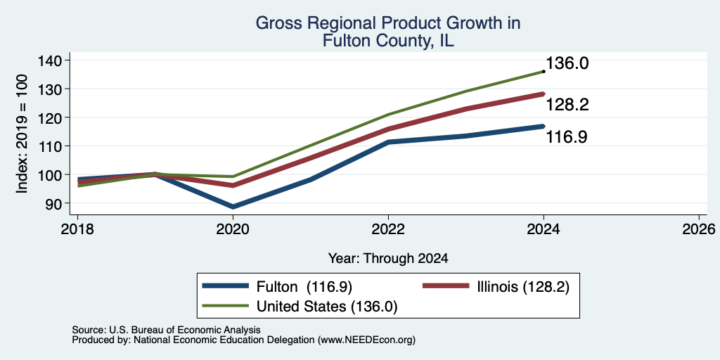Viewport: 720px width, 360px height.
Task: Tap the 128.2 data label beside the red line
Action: [567, 105]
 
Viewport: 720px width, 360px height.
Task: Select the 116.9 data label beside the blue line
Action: [567, 137]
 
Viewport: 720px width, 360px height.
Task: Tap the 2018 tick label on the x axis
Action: [77, 229]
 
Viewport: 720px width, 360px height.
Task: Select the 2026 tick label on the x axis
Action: [699, 229]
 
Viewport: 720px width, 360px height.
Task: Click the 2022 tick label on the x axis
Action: [388, 229]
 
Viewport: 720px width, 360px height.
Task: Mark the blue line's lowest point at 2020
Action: [233, 207]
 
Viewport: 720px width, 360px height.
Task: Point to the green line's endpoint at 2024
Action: [544, 71]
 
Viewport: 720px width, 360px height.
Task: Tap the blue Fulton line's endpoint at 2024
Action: [544, 126]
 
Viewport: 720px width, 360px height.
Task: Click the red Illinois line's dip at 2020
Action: [233, 186]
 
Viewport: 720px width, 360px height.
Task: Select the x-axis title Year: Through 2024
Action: [388, 259]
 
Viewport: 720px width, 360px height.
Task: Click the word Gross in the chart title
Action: [276, 23]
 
